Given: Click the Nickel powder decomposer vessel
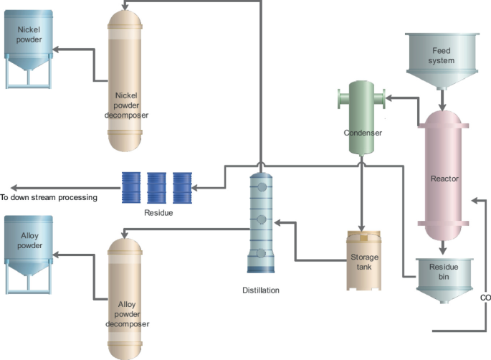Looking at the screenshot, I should coord(125,79).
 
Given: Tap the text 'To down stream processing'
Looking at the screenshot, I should coord(48,197).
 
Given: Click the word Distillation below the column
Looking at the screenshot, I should coord(261,290).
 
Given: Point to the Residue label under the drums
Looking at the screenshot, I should coord(158,213).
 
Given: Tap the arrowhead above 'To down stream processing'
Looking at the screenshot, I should coord(6,189).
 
